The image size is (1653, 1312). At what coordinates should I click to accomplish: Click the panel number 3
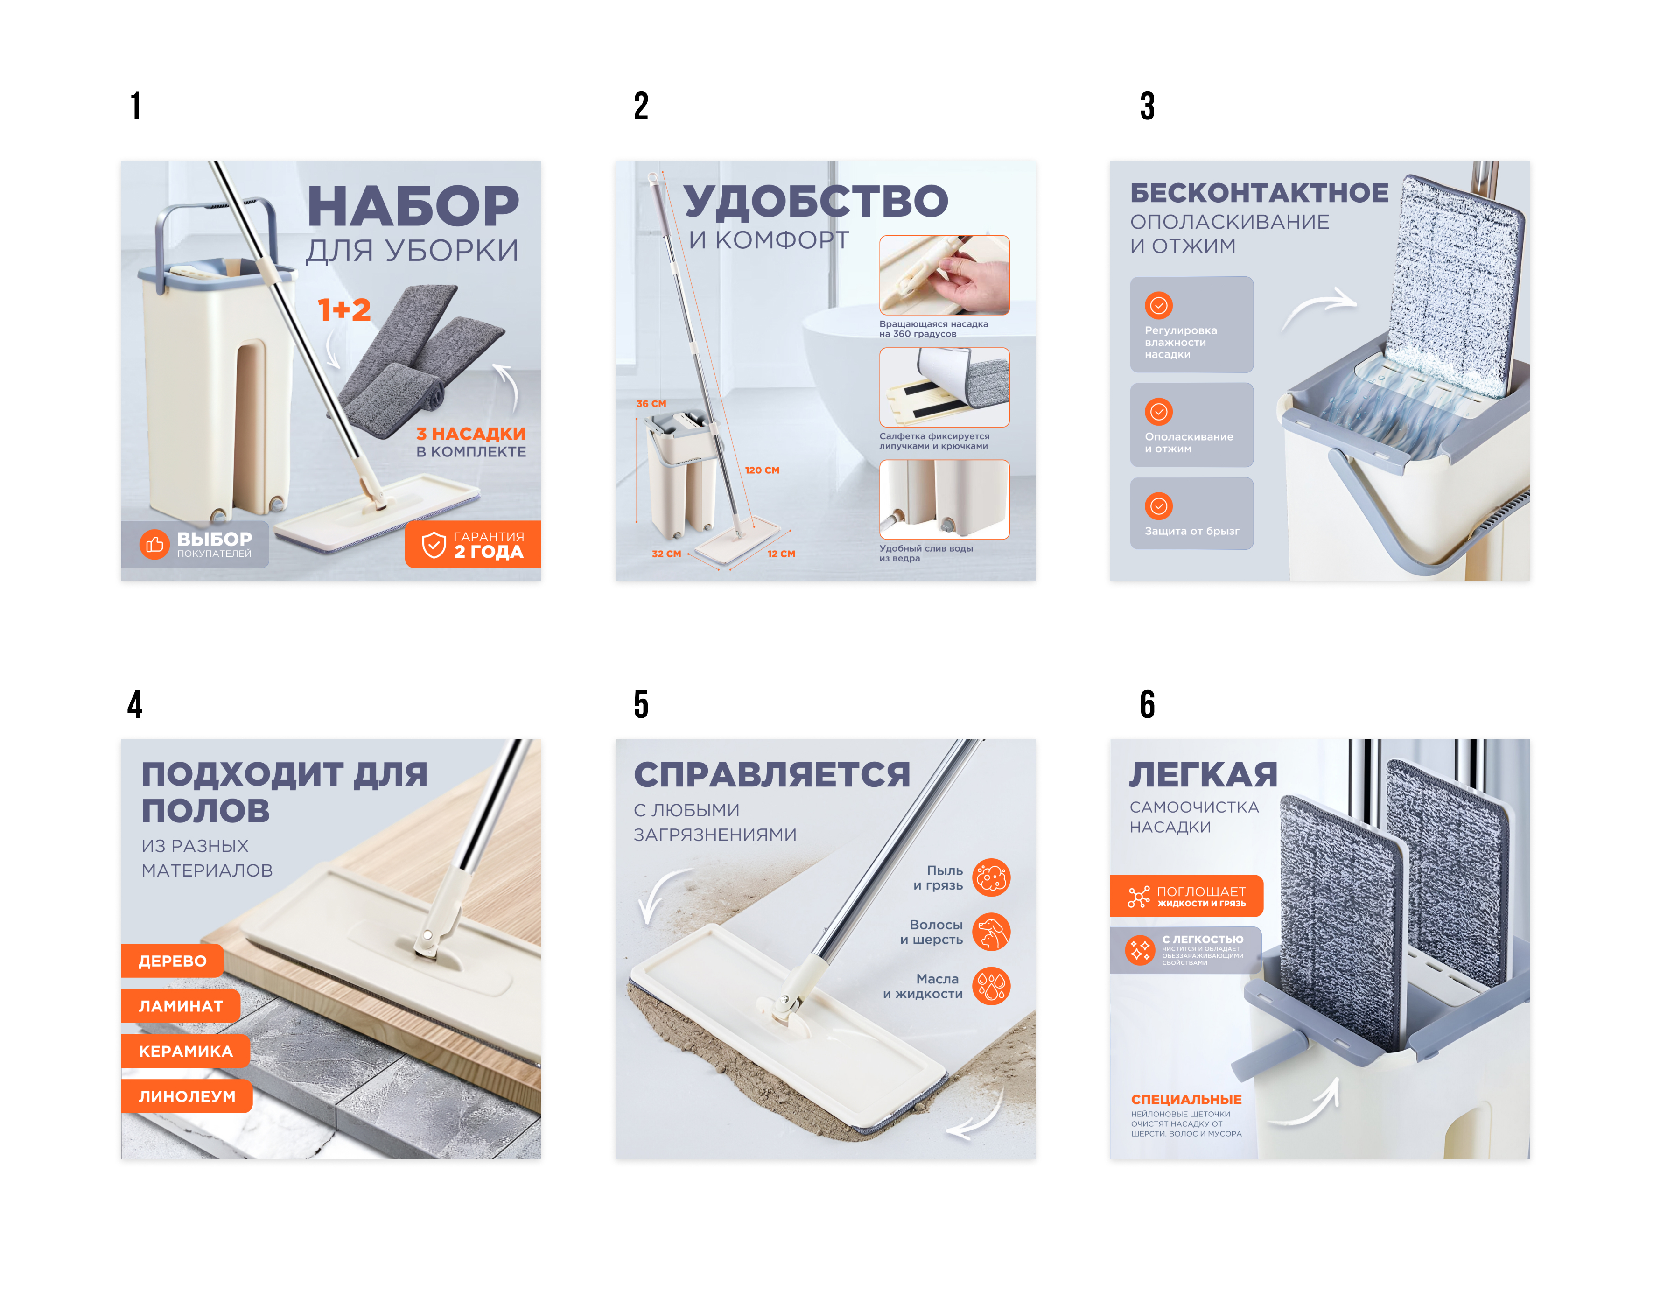click(x=1147, y=106)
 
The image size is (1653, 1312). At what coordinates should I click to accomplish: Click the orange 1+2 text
click(x=344, y=310)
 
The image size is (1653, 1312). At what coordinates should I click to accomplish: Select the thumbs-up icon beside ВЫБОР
click(x=154, y=544)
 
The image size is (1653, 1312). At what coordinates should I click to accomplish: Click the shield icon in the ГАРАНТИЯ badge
click(x=434, y=544)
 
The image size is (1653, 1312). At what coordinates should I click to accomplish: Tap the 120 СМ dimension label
click(x=762, y=470)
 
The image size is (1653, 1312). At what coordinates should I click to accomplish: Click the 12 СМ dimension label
click(x=781, y=554)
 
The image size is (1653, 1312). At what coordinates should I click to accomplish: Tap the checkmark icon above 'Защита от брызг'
click(x=1158, y=506)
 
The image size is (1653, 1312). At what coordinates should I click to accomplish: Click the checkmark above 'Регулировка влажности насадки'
click(x=1158, y=305)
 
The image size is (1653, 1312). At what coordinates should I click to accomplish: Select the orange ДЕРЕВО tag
click(x=173, y=961)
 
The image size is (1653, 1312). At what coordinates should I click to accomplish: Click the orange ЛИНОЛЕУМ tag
click(x=187, y=1096)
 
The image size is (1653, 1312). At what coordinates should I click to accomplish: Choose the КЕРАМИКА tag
click(x=186, y=1051)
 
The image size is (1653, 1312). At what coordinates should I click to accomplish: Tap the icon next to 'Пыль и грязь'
click(x=991, y=877)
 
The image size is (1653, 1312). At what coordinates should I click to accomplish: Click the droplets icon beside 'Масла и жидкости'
click(x=991, y=986)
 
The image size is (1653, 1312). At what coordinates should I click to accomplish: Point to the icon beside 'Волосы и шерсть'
click(x=991, y=932)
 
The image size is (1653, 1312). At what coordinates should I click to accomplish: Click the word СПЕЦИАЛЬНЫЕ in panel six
click(x=1186, y=1100)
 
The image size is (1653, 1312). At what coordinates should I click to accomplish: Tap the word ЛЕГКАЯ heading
click(x=1203, y=774)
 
